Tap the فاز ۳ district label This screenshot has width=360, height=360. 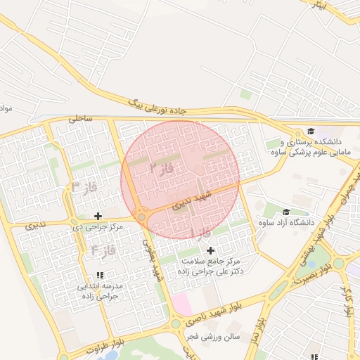pos(84,187)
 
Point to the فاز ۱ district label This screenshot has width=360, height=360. pos(200,233)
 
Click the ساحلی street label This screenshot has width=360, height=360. pos(81,120)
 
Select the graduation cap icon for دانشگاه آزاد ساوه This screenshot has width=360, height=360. pos(286,212)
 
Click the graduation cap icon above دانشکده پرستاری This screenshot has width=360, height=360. pos(310,131)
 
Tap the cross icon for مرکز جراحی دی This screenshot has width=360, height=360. pos(98,216)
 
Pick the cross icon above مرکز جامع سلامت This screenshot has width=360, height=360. pos(210,250)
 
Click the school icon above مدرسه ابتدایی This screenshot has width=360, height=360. pos(99,275)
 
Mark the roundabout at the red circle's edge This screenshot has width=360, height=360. pos(142,217)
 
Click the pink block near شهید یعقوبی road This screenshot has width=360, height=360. pos(181,304)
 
